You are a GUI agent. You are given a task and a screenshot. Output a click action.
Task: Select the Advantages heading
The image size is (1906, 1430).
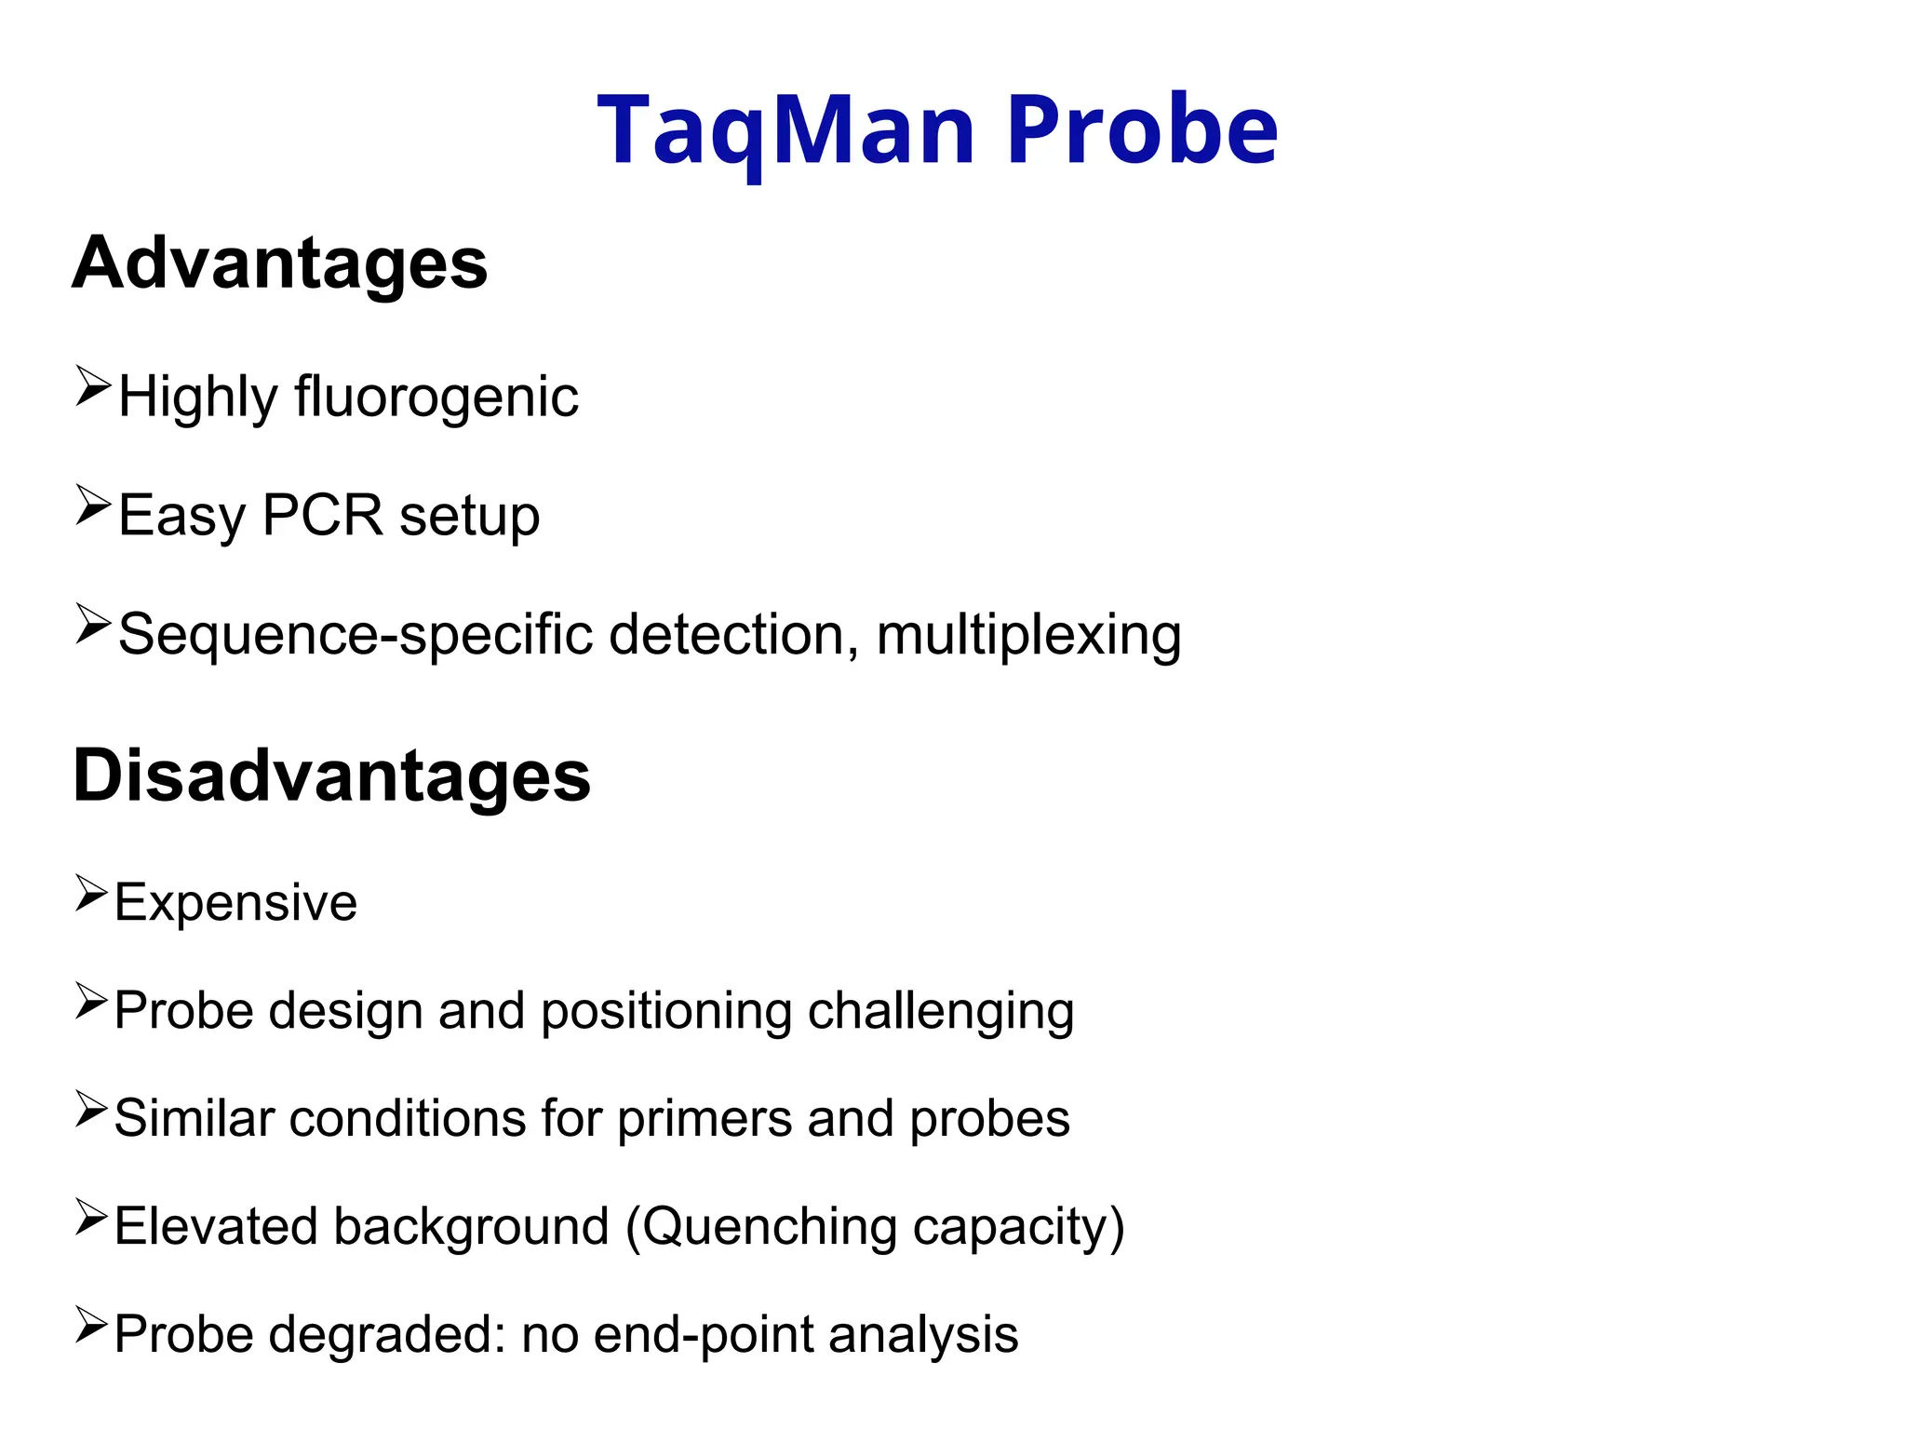click(279, 263)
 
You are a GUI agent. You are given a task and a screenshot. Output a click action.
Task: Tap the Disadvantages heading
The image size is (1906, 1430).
click(331, 776)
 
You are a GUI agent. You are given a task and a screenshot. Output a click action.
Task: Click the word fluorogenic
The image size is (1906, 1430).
click(436, 398)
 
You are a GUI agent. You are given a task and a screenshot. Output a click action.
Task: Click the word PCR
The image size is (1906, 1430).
click(322, 515)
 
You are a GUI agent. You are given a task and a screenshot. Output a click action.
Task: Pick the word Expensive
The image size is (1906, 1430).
click(235, 903)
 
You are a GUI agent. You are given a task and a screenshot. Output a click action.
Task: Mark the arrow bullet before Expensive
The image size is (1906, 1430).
click(91, 893)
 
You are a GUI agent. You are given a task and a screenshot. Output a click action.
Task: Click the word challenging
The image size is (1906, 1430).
click(941, 1011)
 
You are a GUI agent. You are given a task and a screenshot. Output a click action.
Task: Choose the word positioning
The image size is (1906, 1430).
click(665, 1011)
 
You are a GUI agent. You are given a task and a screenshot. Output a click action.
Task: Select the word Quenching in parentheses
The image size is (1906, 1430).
click(769, 1227)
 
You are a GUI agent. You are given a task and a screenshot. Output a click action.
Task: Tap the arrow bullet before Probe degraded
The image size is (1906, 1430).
click(91, 1325)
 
